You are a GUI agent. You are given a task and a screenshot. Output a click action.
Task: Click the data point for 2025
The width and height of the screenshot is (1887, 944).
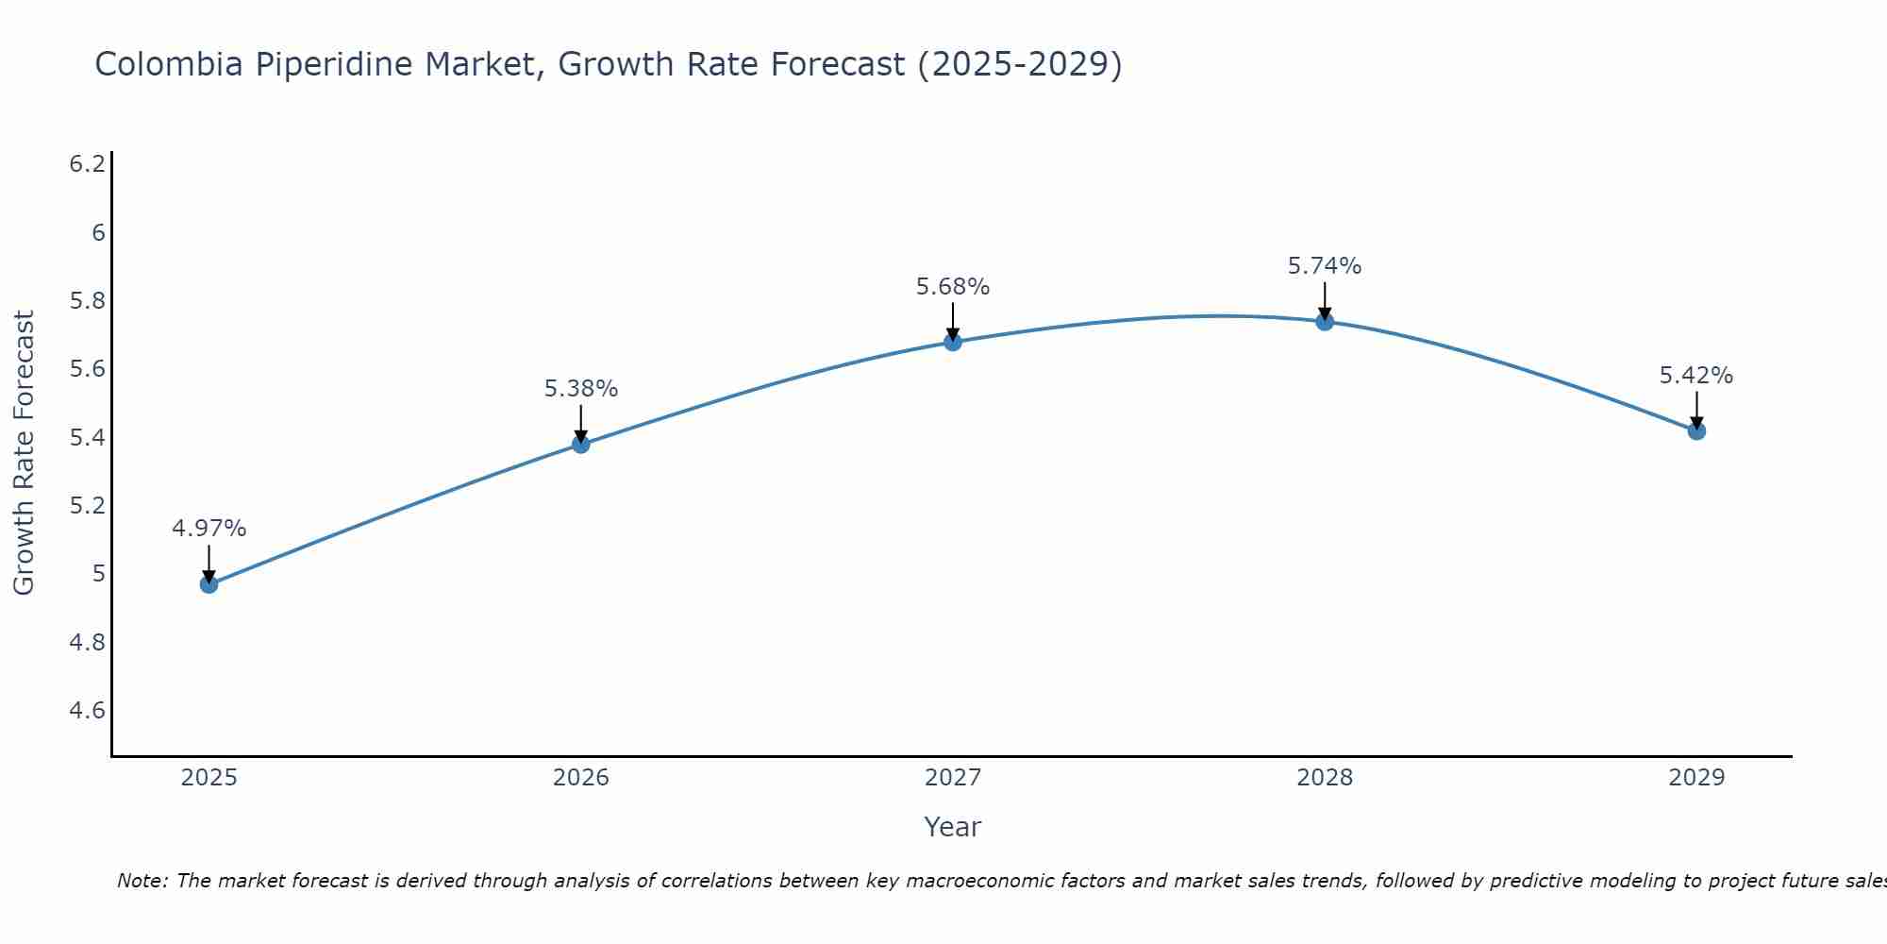coord(209,584)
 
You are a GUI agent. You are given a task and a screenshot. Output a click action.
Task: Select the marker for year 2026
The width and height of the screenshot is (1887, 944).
coord(581,444)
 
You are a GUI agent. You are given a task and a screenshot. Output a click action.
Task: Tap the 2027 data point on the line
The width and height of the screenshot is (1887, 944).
coord(953,342)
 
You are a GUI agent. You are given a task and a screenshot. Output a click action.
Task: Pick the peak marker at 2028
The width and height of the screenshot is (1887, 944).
coord(1325,321)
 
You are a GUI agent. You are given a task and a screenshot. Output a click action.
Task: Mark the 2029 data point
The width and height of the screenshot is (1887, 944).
coord(1696,430)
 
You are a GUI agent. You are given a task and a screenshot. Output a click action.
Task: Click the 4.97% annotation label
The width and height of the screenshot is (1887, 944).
coord(209,529)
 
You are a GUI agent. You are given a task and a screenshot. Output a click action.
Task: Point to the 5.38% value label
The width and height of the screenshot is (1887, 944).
coord(581,389)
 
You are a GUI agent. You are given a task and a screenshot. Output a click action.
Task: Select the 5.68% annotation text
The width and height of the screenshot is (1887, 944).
coord(953,287)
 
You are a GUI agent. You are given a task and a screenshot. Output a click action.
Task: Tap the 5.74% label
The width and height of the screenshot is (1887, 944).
coord(1325,266)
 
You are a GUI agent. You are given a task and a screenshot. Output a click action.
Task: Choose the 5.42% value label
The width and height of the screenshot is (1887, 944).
coord(1696,376)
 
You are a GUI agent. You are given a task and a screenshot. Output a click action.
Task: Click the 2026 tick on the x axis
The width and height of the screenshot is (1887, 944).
coord(581,778)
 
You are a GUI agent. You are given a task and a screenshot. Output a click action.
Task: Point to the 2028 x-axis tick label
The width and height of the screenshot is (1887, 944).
coord(1325,778)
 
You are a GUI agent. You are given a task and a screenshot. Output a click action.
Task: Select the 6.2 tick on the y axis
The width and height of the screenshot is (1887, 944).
coord(88,164)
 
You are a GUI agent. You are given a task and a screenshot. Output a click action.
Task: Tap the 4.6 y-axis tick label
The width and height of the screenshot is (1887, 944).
coord(88,710)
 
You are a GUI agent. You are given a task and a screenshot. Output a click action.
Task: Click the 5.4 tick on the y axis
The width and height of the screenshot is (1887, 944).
coord(88,437)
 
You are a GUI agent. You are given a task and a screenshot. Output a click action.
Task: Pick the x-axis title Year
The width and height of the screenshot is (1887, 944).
coord(953,827)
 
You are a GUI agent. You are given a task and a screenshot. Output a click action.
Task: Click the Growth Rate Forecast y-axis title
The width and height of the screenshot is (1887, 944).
coord(24,453)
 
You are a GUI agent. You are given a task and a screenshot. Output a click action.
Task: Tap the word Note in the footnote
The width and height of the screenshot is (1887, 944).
coord(142,881)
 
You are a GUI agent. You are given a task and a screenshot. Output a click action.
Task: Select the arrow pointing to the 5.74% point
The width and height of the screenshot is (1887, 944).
coord(1325,300)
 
